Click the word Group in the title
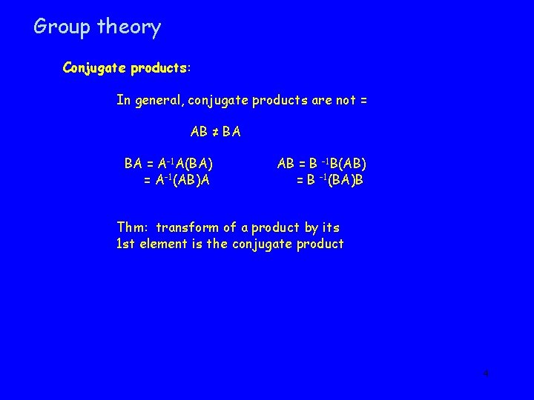point(62,27)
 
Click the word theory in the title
point(128,27)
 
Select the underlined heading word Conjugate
point(94,68)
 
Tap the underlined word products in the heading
point(158,68)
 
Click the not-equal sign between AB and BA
point(214,133)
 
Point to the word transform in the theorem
point(188,227)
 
